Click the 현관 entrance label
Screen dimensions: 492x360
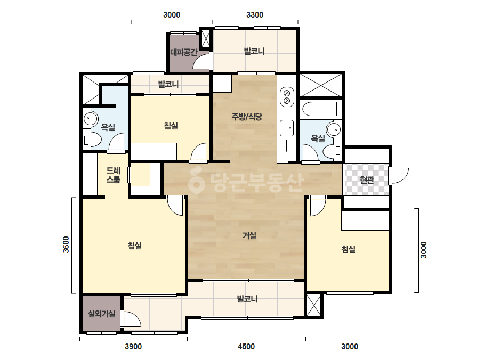(x=367, y=180)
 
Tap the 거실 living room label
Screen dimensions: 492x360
(x=249, y=235)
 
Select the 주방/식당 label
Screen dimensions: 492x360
(x=247, y=117)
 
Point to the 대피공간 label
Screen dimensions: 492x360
(x=184, y=52)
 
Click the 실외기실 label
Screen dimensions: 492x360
(x=101, y=313)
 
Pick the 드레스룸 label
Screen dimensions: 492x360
(x=114, y=175)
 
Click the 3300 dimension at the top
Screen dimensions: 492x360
(x=255, y=15)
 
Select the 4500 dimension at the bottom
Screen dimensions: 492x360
(x=246, y=347)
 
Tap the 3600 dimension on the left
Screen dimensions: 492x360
(x=66, y=244)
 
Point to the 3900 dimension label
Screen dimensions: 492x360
(x=133, y=347)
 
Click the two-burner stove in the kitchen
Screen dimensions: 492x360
(x=287, y=97)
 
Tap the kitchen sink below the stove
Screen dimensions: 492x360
(x=287, y=128)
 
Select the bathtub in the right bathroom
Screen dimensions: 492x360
(x=320, y=109)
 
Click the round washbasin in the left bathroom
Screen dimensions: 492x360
(x=91, y=119)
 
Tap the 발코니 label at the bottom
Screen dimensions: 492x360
(x=247, y=299)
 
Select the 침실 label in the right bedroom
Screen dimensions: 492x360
(x=348, y=249)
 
